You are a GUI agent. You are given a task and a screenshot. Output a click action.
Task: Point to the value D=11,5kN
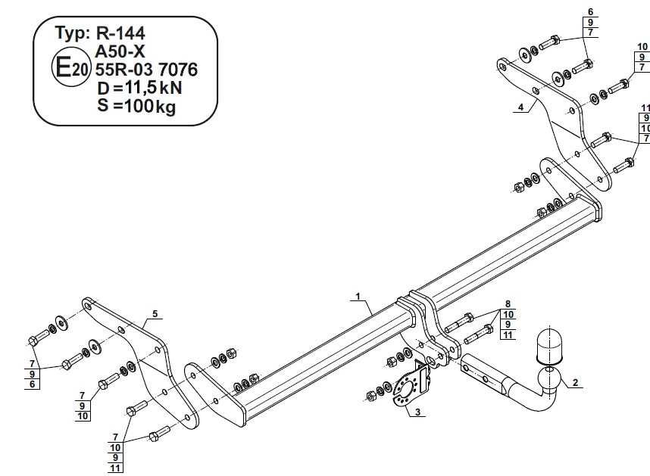click(139, 89)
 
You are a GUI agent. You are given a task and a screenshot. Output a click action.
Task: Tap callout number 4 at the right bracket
click(520, 107)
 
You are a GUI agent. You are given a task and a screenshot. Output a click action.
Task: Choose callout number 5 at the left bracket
click(155, 313)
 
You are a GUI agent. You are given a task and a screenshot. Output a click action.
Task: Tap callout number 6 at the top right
click(591, 11)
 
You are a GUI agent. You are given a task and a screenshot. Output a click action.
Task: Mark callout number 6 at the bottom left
click(33, 384)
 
